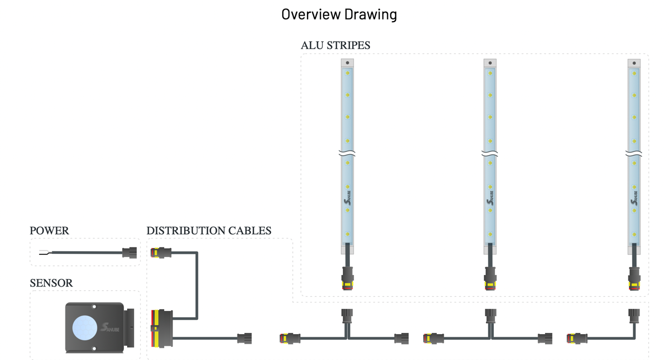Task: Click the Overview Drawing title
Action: tap(339, 14)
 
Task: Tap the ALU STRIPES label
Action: tap(335, 45)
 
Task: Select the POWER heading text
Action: tap(49, 231)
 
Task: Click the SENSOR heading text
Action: tap(51, 283)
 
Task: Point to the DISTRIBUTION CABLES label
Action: tap(209, 231)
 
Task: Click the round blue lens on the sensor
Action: tap(85, 328)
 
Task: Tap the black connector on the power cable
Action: tap(129, 253)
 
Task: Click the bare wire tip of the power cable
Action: tap(43, 253)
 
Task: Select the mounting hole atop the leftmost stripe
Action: tap(347, 63)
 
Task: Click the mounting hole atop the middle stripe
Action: tap(490, 63)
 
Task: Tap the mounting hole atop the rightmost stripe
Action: tap(634, 63)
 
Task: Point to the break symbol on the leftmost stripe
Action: tap(347, 153)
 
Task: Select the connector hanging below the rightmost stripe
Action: tap(634, 278)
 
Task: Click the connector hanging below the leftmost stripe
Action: tap(347, 278)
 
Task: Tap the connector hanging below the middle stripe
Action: tap(490, 278)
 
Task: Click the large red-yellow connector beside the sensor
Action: tap(161, 328)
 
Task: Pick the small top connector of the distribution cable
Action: tap(161, 252)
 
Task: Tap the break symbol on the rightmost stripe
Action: tap(634, 154)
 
